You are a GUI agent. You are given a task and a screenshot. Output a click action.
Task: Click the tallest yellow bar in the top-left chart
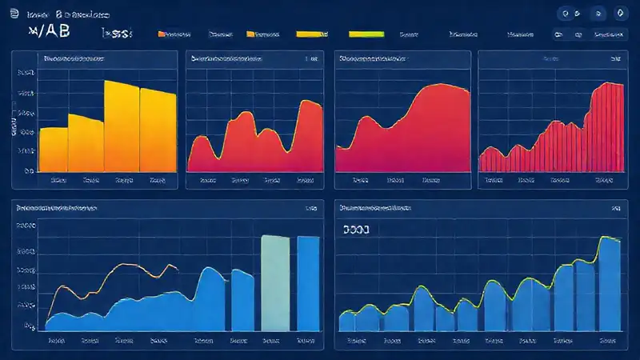(x=122, y=126)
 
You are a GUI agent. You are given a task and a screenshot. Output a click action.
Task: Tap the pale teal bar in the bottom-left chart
(x=274, y=283)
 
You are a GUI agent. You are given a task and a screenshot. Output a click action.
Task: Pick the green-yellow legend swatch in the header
(x=366, y=34)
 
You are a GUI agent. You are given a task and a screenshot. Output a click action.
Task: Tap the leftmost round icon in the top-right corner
(x=566, y=14)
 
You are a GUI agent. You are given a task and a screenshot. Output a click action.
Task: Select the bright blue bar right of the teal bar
(x=309, y=283)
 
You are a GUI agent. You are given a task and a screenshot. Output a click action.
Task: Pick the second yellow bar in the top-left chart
(x=86, y=142)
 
